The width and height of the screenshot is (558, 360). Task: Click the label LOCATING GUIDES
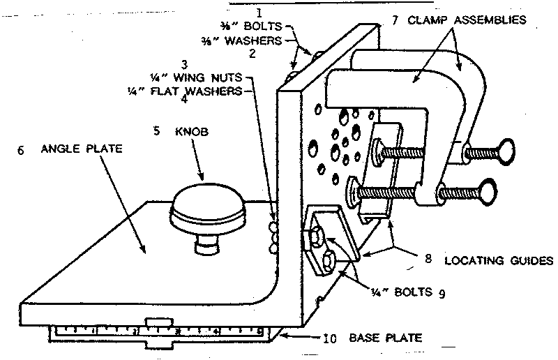[499, 260]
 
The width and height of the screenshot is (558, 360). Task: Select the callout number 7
[395, 20]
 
